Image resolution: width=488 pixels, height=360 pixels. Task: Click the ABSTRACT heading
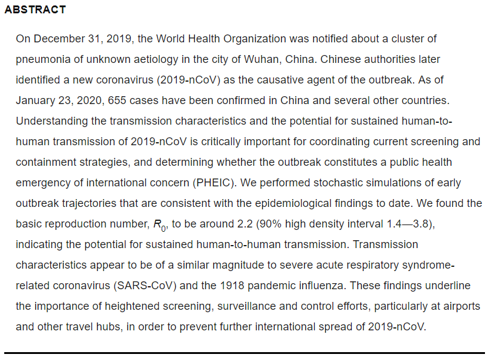[x=35, y=10]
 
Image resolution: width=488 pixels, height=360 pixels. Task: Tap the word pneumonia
[x=43, y=59]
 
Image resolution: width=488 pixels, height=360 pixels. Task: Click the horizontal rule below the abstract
[x=244, y=353]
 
